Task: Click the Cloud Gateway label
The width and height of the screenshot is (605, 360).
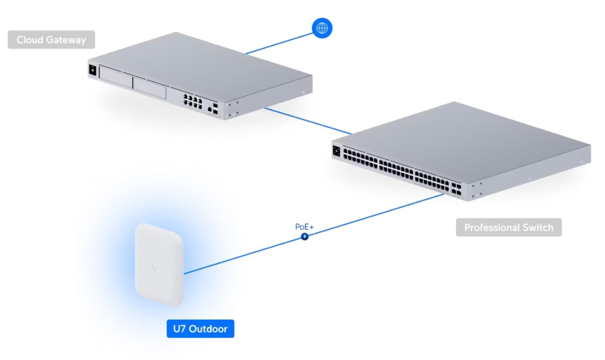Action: tap(51, 40)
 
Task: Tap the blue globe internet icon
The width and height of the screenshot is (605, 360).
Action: tap(322, 28)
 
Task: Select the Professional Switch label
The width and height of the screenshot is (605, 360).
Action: tap(508, 228)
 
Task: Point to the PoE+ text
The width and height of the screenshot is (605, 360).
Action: tap(304, 227)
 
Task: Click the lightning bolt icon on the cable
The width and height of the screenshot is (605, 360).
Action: tap(305, 236)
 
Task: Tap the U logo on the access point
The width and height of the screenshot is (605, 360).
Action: tap(154, 267)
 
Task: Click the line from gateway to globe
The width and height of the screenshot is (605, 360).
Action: tap(279, 42)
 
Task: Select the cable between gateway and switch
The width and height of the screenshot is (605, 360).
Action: tap(308, 120)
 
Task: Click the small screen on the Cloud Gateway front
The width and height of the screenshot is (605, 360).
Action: tap(93, 70)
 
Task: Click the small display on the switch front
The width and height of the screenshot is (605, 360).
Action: tap(336, 151)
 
